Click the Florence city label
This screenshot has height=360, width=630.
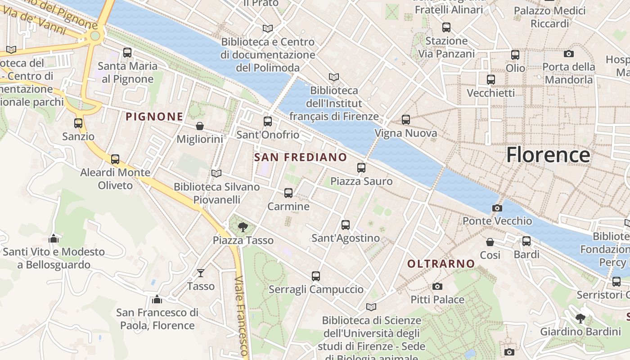pos(548,155)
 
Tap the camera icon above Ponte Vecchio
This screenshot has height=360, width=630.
pos(497,208)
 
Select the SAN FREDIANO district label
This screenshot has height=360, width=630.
pos(300,157)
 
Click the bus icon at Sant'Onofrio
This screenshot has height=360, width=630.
pos(268,121)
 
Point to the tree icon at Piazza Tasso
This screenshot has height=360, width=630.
pos(243,227)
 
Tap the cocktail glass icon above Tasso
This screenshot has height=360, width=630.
pos(201,273)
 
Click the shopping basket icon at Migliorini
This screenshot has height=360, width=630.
pos(200,126)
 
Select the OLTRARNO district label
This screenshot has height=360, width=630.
pos(441,264)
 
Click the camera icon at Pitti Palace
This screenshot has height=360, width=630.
pos(437,286)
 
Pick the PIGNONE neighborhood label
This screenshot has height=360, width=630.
pos(154,117)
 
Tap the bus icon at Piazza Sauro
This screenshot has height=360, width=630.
pos(361,168)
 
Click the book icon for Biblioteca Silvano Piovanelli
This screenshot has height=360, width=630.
pos(216,173)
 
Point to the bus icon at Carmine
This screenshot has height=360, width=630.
pos(288,193)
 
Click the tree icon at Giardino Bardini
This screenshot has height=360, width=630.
pos(580,319)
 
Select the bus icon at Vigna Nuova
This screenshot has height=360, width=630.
pos(406,120)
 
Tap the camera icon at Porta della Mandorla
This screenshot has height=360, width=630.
pos(569,54)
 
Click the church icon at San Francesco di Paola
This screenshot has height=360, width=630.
pos(157,299)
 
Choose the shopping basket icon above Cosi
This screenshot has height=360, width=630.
pos(490,242)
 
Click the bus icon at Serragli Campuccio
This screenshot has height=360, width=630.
pos(316,276)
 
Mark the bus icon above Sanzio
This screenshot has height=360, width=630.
pos(78,123)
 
